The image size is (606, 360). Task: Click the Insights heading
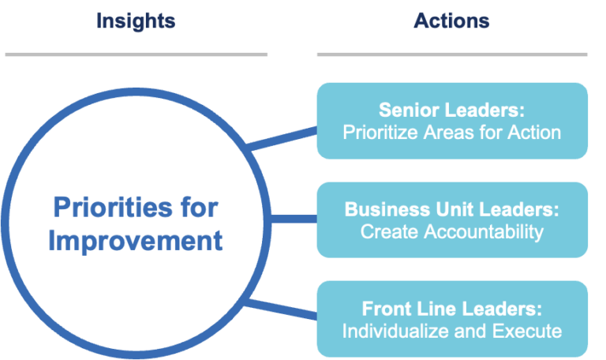click(x=136, y=20)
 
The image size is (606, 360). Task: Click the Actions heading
click(x=451, y=20)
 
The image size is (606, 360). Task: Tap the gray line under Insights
click(x=136, y=54)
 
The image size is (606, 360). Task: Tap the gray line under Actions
click(x=452, y=54)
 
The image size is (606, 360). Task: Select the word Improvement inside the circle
click(x=136, y=240)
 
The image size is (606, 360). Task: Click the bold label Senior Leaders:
click(x=452, y=110)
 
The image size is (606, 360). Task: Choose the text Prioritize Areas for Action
click(x=452, y=132)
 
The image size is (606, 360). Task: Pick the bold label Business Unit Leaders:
click(x=452, y=209)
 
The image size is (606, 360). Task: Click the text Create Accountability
click(x=452, y=231)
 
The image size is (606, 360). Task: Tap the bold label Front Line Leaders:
click(x=452, y=309)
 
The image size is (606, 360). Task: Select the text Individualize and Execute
click(x=452, y=331)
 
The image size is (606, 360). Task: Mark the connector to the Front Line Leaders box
click(x=282, y=309)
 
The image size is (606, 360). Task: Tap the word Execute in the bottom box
click(x=532, y=331)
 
